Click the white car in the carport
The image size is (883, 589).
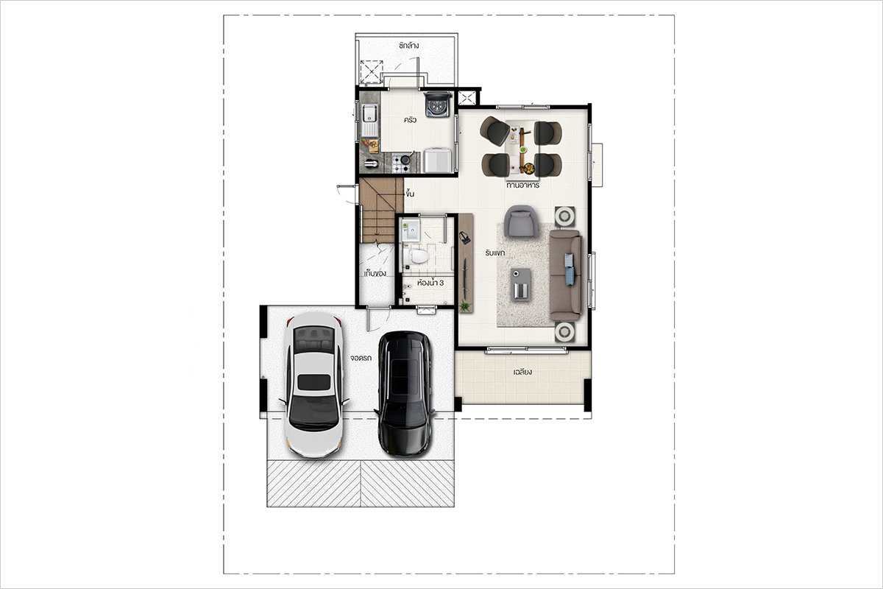click(x=313, y=384)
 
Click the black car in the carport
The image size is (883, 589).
click(x=405, y=394)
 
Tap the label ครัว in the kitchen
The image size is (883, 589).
click(x=410, y=119)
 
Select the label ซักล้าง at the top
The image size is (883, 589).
click(x=408, y=46)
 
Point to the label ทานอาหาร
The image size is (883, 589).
click(x=522, y=185)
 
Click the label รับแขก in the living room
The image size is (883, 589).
click(x=495, y=253)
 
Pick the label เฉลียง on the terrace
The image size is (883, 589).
click(x=523, y=372)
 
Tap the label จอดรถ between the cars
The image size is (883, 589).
click(x=361, y=359)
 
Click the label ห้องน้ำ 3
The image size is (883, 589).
click(x=430, y=283)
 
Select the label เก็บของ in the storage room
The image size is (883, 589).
click(x=375, y=273)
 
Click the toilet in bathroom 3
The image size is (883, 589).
click(x=416, y=256)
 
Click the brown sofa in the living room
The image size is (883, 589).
click(x=566, y=275)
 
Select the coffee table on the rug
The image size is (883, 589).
click(x=521, y=285)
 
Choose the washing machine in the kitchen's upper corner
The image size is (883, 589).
click(x=438, y=104)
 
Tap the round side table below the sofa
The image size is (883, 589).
click(x=565, y=332)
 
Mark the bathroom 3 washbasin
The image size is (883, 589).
click(x=411, y=230)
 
